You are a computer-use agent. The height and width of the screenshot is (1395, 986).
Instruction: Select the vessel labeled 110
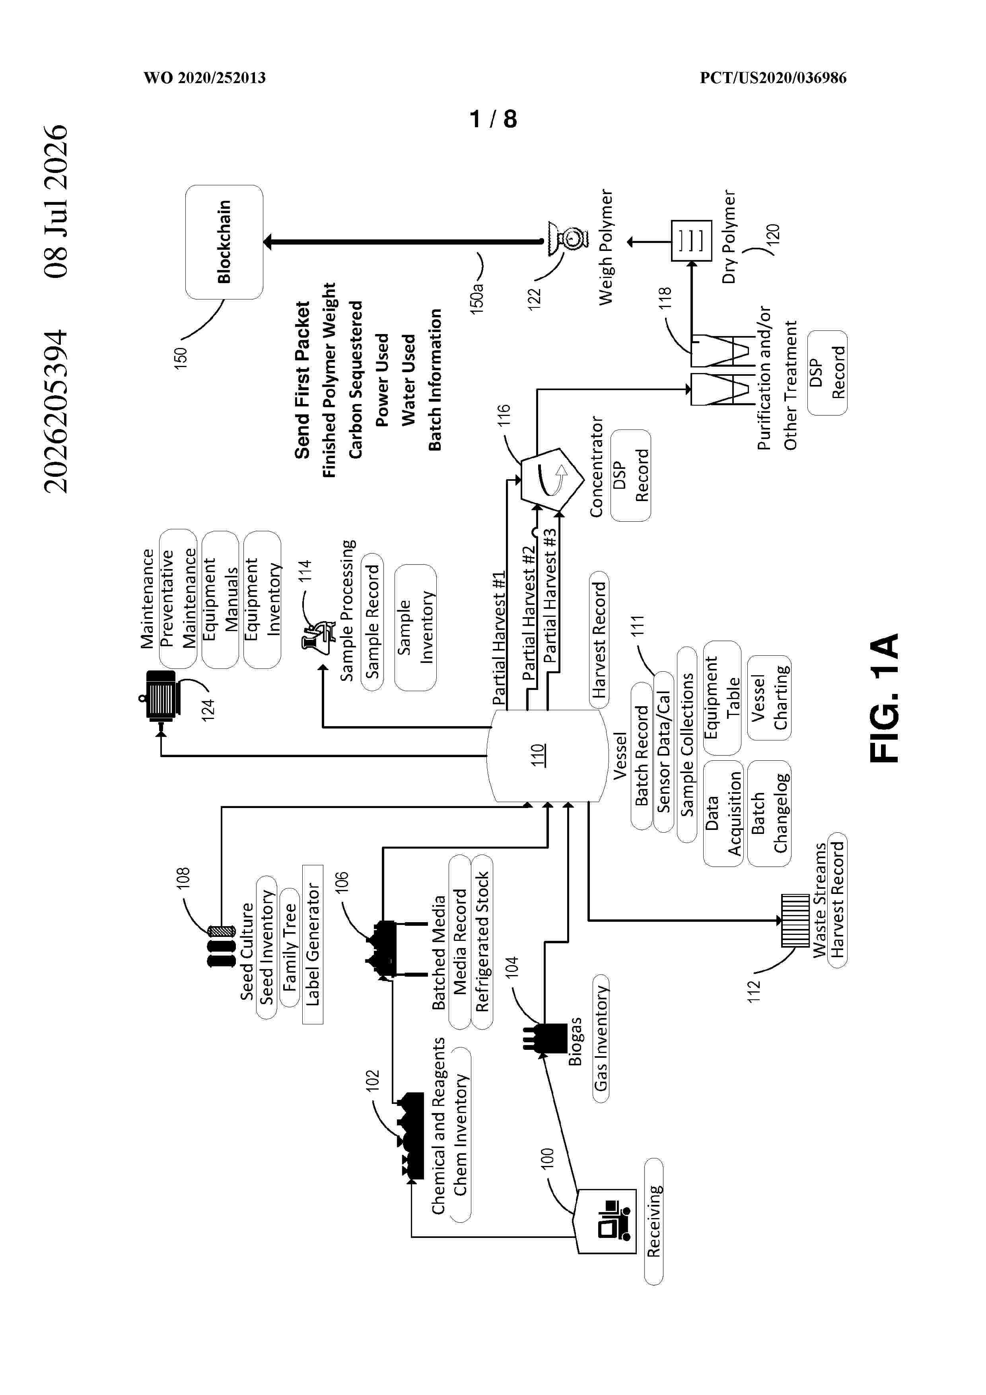coord(547,756)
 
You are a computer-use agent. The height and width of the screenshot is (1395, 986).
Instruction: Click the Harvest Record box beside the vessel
coord(599,640)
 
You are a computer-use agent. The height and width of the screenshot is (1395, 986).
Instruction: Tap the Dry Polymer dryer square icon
coord(691,241)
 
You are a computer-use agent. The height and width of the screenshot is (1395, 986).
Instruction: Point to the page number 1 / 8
coord(493,119)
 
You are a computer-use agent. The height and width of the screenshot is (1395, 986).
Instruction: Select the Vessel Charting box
coord(769,697)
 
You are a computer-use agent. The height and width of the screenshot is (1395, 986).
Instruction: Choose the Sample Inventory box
coord(416,627)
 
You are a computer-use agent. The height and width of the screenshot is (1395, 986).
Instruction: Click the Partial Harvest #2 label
coord(529,612)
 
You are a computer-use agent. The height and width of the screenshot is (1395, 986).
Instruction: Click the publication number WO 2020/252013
coord(205,78)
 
